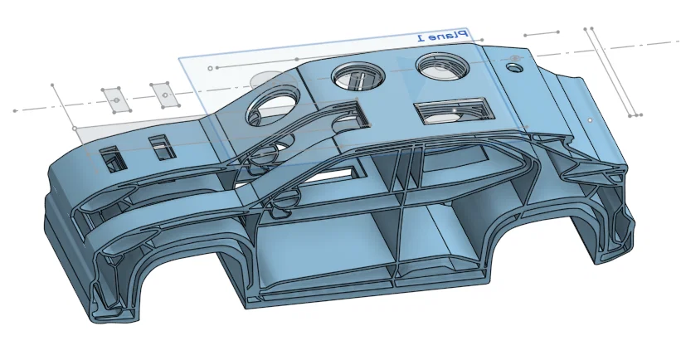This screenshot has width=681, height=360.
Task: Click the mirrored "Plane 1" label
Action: tap(442, 36)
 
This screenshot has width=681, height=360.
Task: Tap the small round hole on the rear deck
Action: tap(514, 68)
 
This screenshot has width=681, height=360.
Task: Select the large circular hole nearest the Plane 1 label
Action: tap(443, 66)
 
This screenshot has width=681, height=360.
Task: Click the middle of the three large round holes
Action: tap(358, 76)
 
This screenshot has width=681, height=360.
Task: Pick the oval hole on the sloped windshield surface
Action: tap(271, 109)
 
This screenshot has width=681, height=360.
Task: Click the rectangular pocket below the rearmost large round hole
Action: tap(455, 111)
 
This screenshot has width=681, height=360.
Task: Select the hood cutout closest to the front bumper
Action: tap(113, 159)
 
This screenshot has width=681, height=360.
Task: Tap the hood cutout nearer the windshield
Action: tap(163, 147)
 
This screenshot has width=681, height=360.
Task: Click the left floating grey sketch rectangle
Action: tap(116, 100)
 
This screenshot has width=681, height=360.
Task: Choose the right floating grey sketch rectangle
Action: tap(165, 95)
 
